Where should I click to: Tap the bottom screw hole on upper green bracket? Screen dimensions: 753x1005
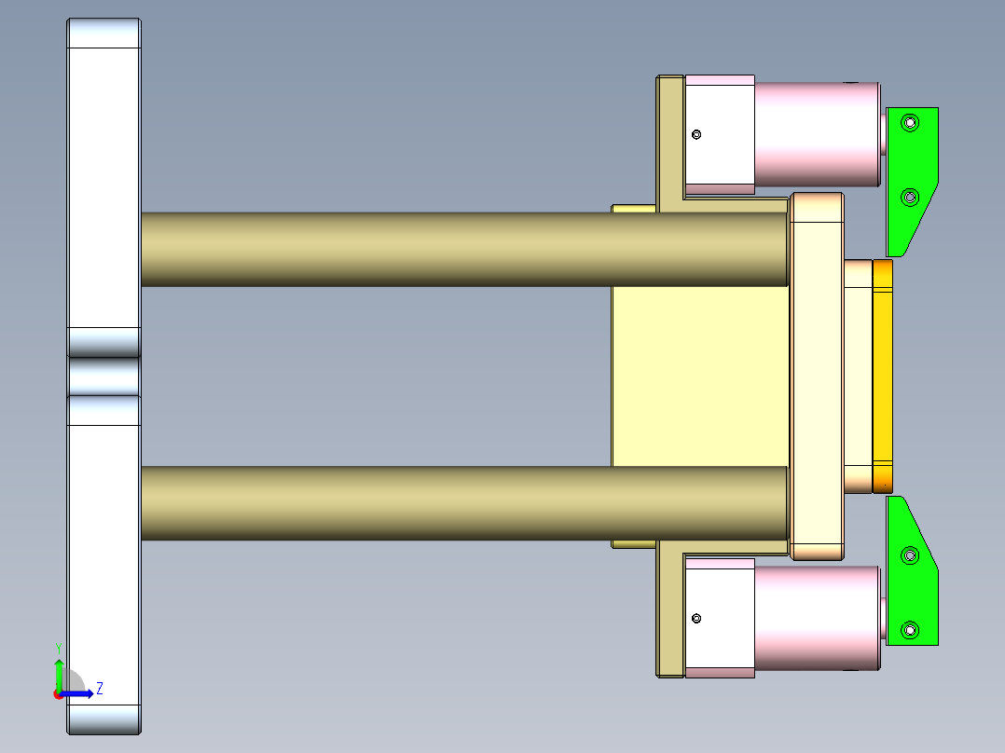pyautogui.click(x=911, y=197)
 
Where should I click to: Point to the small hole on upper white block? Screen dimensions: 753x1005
pyautogui.click(x=695, y=134)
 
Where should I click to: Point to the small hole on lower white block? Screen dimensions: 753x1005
pyautogui.click(x=695, y=619)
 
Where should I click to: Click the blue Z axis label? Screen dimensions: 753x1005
pyautogui.click(x=100, y=689)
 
